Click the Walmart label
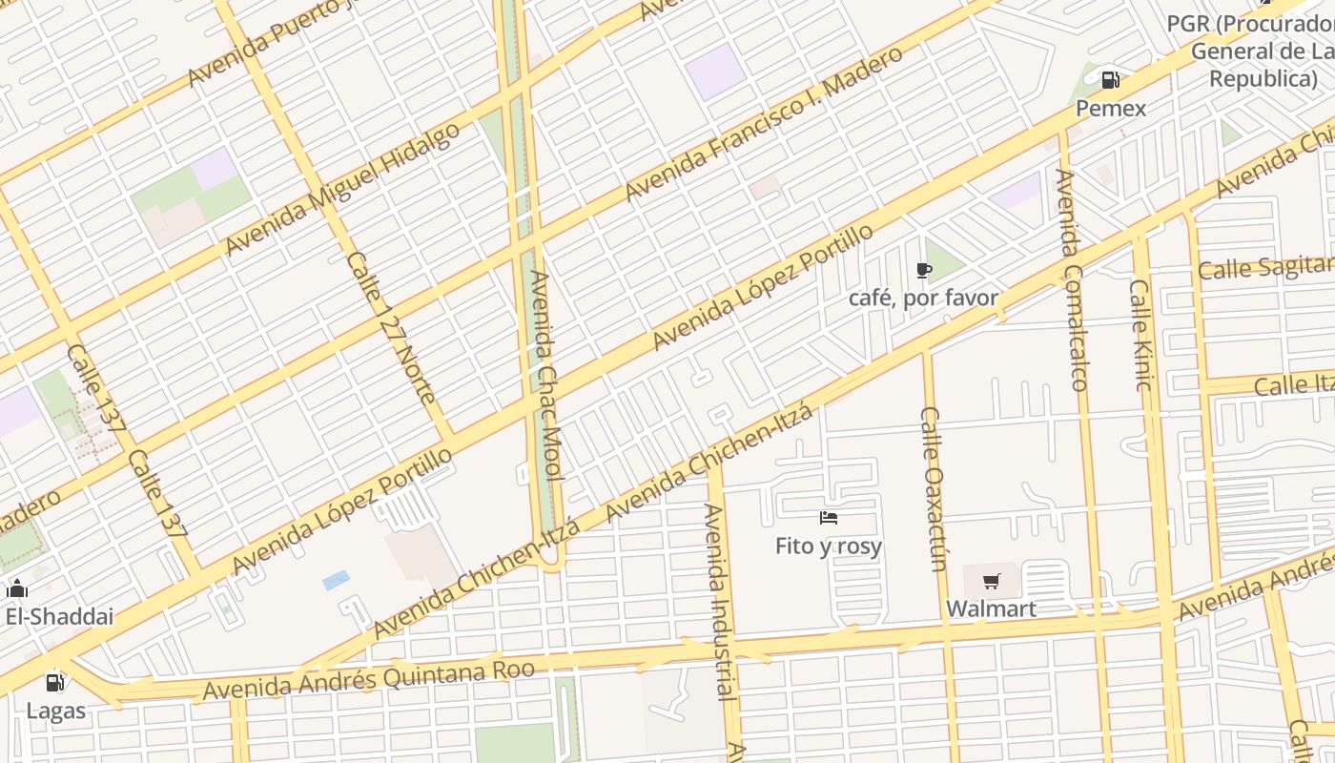[991, 608]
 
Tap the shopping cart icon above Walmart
[992, 581]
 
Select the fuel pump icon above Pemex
[1111, 80]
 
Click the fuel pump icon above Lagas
[55, 682]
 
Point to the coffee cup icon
[923, 271]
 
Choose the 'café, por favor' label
[923, 299]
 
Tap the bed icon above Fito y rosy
[829, 518]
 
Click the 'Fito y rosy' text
[829, 546]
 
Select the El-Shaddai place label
[59, 616]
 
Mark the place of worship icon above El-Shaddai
[17, 588]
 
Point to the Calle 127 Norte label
[390, 328]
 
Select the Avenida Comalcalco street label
[1072, 280]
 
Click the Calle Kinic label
[1141, 334]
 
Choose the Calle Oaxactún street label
[934, 488]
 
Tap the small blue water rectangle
[336, 580]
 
